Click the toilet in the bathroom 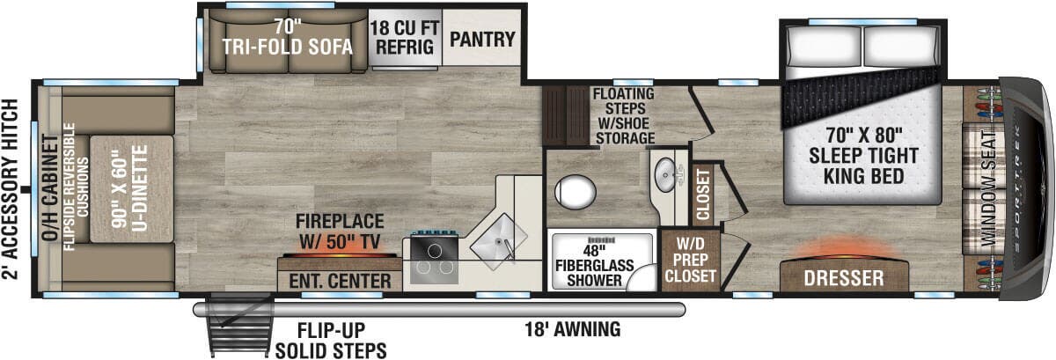[x=576, y=192]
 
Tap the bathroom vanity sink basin [x=665, y=175]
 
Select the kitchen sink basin [x=498, y=241]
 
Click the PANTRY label [x=482, y=39]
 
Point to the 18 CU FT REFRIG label [x=405, y=37]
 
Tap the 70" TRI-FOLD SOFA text [x=287, y=37]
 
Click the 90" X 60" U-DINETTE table [x=132, y=189]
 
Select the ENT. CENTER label [x=340, y=281]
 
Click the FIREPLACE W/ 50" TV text [x=340, y=231]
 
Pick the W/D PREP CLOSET [x=691, y=260]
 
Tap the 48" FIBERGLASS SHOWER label [x=595, y=266]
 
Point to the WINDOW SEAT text [x=988, y=188]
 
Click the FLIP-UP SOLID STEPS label [x=331, y=341]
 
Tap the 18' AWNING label [x=573, y=329]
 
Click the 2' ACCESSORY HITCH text [x=10, y=189]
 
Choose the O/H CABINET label [x=50, y=188]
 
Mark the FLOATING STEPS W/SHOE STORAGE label [x=624, y=116]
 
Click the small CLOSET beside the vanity [x=703, y=195]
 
